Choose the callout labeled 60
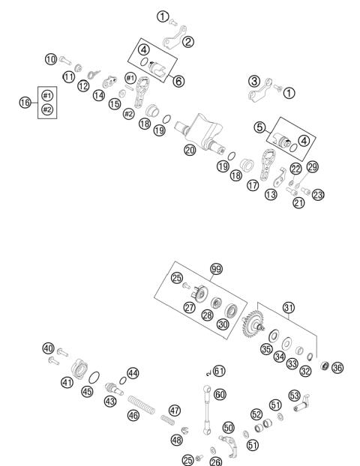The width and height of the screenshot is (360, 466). coord(220,393)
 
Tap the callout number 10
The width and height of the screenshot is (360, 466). coord(51,58)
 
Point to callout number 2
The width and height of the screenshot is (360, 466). coord(187,41)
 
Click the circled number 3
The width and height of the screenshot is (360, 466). coord(255,81)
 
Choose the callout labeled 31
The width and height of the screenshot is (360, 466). coord(289,308)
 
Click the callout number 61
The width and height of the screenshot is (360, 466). coord(219,370)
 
